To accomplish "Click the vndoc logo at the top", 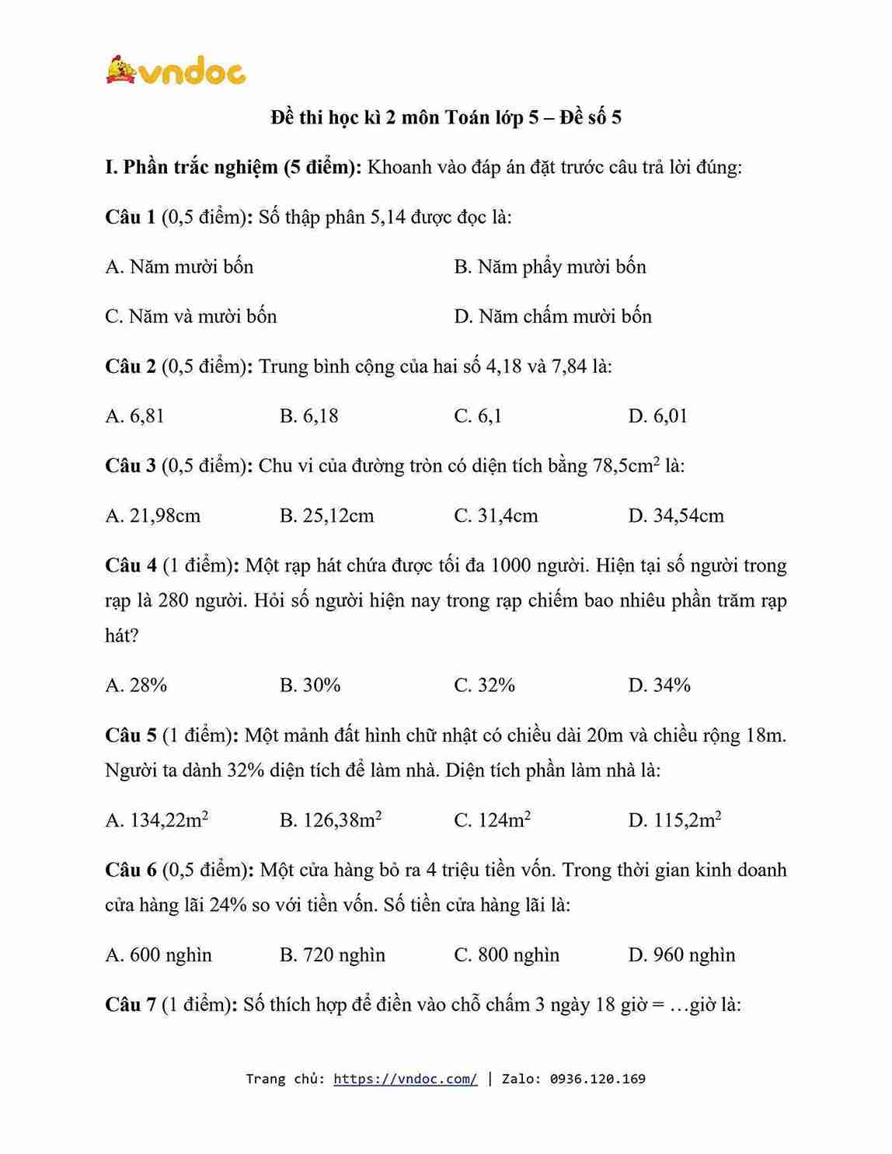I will pyautogui.click(x=176, y=71).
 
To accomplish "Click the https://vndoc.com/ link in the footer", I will pyautogui.click(x=406, y=1078).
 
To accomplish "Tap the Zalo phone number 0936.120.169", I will pyautogui.click(x=598, y=1078).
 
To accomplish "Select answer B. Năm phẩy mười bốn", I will pyautogui.click(x=549, y=266).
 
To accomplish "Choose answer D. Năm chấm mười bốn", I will pyautogui.click(x=552, y=316).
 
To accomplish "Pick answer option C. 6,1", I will pyautogui.click(x=478, y=415).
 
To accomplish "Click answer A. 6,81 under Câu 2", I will pyautogui.click(x=134, y=415).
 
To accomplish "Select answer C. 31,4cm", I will pyautogui.click(x=496, y=515).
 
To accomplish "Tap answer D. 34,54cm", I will pyautogui.click(x=676, y=515).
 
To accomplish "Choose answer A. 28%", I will pyautogui.click(x=136, y=685).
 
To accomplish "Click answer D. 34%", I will pyautogui.click(x=659, y=685).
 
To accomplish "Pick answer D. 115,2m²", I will pyautogui.click(x=674, y=820).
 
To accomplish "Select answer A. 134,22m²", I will pyautogui.click(x=156, y=820).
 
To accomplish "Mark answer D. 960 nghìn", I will pyautogui.click(x=681, y=954).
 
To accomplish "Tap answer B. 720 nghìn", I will pyautogui.click(x=332, y=954).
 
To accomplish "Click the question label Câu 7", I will pyautogui.click(x=131, y=1004).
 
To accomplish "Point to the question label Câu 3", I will pyautogui.click(x=131, y=465).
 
